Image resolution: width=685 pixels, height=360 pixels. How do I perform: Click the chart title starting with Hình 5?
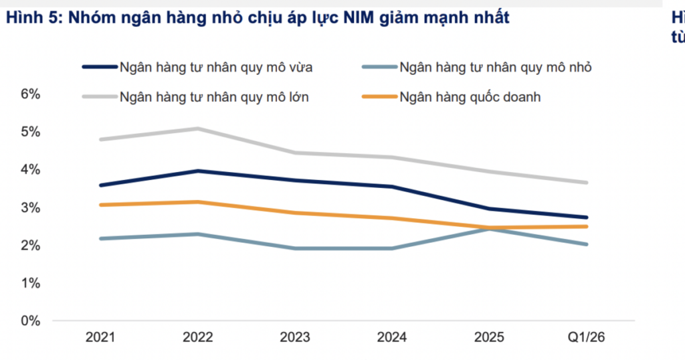(258, 18)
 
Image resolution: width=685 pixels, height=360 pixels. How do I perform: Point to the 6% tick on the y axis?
(31, 94)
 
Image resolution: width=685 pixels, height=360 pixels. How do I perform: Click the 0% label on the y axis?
(31, 321)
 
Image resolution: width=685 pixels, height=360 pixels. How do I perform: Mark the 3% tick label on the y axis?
(31, 207)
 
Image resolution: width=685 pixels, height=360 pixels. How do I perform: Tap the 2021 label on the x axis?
(100, 337)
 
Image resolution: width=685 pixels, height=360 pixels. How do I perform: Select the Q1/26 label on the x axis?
(586, 337)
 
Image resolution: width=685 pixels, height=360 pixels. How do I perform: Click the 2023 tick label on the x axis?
(295, 337)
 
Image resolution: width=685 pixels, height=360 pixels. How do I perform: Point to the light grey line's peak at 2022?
(197, 128)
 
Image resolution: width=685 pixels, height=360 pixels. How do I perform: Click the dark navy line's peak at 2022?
(197, 171)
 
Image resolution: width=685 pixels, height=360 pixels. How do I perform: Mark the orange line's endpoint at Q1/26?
(586, 226)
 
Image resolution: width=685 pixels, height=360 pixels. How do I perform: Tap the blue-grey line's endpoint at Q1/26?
(586, 244)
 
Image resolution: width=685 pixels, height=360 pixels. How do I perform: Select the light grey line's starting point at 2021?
(101, 139)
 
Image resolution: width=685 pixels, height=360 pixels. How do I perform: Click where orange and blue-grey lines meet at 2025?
(489, 228)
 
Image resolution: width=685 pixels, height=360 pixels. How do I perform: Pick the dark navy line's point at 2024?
(392, 187)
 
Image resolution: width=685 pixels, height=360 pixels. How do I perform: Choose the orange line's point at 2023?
(295, 213)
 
